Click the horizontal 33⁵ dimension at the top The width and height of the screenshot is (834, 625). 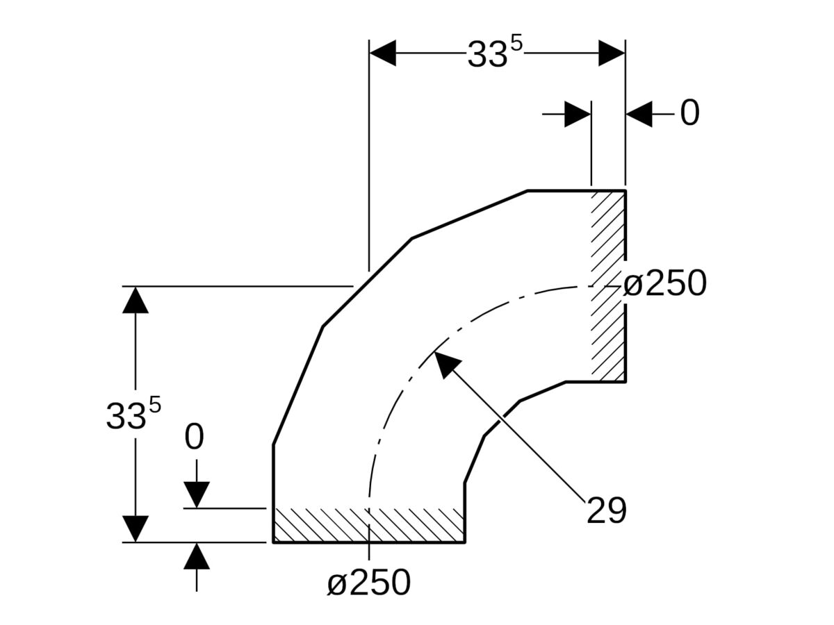[494, 54]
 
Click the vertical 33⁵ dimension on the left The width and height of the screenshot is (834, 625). [133, 415]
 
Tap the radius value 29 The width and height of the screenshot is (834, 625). [606, 511]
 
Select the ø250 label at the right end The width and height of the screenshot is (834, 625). [664, 283]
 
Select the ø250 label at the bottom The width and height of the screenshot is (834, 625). [369, 583]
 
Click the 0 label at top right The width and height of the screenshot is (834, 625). [689, 113]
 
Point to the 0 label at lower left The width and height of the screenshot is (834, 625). [195, 438]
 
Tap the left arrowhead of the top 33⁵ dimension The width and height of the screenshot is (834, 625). [383, 53]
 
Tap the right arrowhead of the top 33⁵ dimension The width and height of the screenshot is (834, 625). [612, 53]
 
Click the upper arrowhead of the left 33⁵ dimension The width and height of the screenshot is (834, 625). [136, 299]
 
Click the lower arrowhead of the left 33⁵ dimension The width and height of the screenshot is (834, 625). [136, 528]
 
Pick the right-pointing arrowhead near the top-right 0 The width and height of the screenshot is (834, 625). [578, 114]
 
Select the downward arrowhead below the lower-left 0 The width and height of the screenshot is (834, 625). [197, 494]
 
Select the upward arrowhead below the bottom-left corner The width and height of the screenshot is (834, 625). [197, 556]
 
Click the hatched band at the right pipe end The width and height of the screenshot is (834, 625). [608, 285]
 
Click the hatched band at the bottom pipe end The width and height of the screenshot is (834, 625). [368, 525]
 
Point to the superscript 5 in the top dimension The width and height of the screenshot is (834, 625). [516, 43]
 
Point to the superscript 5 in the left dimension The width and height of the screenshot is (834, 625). [154, 405]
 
